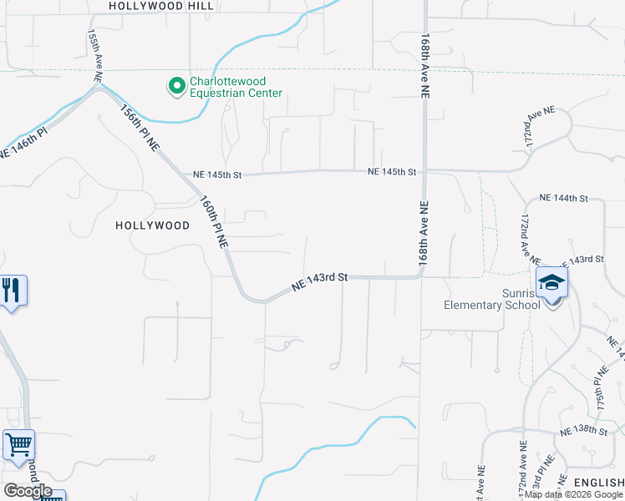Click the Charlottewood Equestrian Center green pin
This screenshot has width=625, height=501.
tap(176, 85)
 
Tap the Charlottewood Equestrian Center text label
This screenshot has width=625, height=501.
tap(236, 88)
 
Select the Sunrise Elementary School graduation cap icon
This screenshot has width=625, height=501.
tap(551, 283)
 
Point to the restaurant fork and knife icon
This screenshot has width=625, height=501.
tap(11, 291)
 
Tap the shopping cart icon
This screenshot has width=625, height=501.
tap(18, 444)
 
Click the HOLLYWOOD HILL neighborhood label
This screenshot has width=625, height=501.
tap(160, 6)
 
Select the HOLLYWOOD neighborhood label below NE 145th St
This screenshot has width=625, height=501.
tap(152, 225)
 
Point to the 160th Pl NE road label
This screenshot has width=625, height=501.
tap(214, 222)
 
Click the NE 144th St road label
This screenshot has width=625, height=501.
tap(564, 198)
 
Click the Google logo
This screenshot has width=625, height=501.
tap(28, 491)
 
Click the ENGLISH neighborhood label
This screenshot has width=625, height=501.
tap(597, 483)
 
